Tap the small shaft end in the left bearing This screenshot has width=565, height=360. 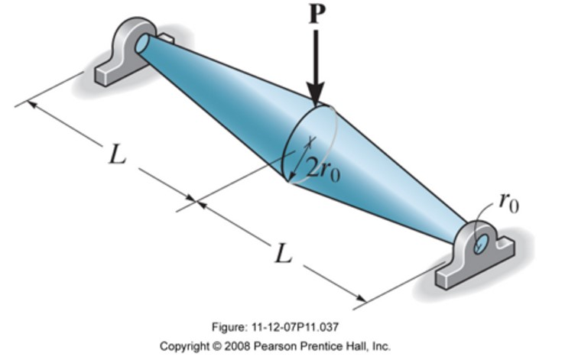coord(142,44)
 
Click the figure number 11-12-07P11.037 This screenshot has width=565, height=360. coord(304,327)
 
